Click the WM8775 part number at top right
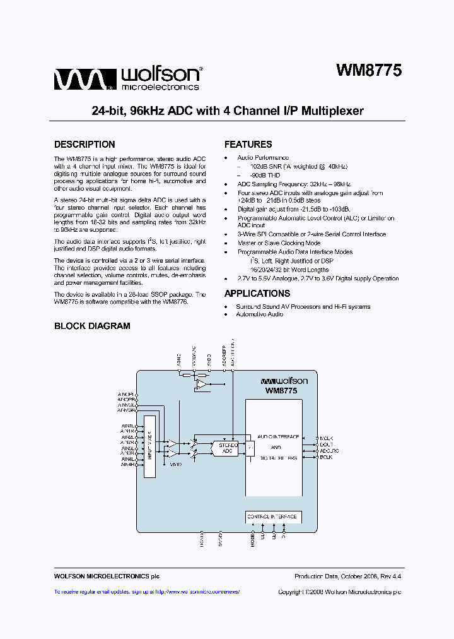click(368, 71)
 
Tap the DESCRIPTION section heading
click(84, 145)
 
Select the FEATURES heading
click(248, 145)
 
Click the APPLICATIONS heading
click(257, 294)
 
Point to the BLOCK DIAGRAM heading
click(92, 326)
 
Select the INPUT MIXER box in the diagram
click(149, 446)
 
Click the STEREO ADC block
click(228, 448)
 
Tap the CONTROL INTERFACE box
click(272, 517)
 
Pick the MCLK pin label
click(325, 438)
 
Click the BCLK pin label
click(325, 457)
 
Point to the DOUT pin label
click(325, 445)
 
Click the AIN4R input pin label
click(128, 466)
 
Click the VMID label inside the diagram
click(175, 464)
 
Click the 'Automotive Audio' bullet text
click(259, 314)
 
